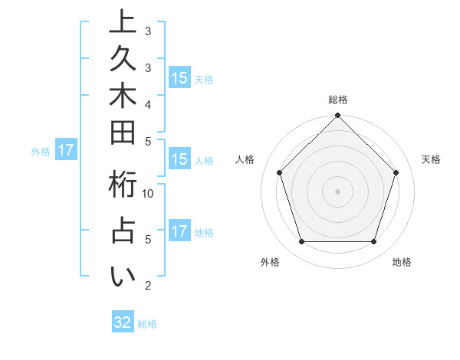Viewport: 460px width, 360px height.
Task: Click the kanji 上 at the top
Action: point(123,23)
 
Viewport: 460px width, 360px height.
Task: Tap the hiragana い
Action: point(123,276)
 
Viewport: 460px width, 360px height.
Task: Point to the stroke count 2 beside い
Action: point(148,286)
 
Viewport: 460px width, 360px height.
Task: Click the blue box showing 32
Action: point(123,322)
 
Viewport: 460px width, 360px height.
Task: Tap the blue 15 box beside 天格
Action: point(179,77)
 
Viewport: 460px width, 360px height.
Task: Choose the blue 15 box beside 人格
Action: point(179,159)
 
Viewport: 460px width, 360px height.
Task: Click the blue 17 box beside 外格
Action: point(66,150)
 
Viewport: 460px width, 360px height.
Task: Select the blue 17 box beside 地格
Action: point(179,231)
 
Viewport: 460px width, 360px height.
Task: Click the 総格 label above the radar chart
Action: point(338,100)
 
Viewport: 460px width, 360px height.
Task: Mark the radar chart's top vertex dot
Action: point(338,116)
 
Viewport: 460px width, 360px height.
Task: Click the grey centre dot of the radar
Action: point(338,191)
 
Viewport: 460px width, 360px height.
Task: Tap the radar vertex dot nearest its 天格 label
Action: point(396,172)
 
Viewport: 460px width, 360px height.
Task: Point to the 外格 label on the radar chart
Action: point(271,263)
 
